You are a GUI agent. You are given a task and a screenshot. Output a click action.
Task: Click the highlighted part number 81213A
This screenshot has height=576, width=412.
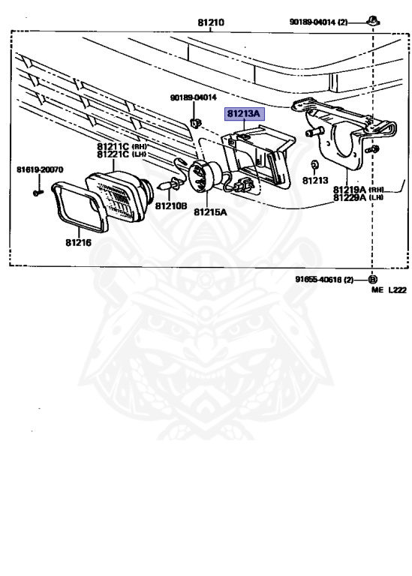pyautogui.click(x=244, y=114)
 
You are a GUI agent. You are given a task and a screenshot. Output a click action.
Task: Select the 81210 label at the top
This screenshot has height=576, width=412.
pyautogui.click(x=211, y=22)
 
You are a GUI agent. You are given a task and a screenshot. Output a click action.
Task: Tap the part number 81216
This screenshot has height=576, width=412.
pyautogui.click(x=79, y=243)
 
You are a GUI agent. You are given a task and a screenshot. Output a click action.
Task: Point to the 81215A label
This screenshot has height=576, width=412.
pyautogui.click(x=210, y=212)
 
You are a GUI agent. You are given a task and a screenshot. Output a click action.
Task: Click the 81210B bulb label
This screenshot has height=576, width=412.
pyautogui.click(x=171, y=206)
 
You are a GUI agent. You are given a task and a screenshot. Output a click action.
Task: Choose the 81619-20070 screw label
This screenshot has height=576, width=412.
pyautogui.click(x=40, y=169)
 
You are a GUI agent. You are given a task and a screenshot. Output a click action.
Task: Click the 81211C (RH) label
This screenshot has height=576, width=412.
pyautogui.click(x=122, y=146)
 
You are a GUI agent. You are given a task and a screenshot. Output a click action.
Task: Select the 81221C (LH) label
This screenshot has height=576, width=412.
pyautogui.click(x=122, y=154)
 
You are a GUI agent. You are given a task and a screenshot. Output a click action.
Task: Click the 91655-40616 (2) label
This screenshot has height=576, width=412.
pyautogui.click(x=324, y=280)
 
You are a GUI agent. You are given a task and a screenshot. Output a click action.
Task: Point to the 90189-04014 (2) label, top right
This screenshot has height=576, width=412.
pyautogui.click(x=318, y=22)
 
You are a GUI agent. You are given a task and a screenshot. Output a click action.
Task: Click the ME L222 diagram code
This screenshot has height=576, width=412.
pyautogui.click(x=389, y=289)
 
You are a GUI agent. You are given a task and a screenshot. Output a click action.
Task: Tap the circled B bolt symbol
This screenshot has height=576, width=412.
pyautogui.click(x=372, y=280)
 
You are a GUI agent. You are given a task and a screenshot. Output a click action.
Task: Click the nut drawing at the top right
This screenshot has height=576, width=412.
pyautogui.click(x=374, y=20)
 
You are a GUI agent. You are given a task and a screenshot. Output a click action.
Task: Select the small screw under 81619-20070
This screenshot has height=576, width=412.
pyautogui.click(x=38, y=193)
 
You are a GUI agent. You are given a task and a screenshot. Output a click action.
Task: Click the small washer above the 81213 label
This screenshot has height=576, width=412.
pyautogui.click(x=314, y=163)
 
